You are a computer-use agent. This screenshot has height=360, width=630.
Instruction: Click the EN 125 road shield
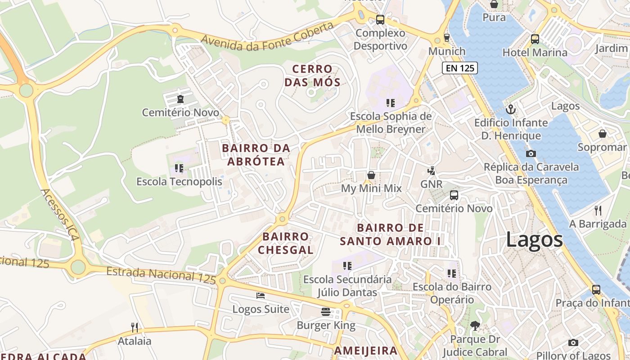coord(459,68)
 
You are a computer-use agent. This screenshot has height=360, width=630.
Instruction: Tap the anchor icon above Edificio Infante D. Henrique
coord(511,109)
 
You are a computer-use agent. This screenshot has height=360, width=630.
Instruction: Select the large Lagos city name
coord(534,239)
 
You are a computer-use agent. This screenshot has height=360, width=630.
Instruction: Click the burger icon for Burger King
coord(326,311)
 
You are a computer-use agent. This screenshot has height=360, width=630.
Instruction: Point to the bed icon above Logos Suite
coord(261,296)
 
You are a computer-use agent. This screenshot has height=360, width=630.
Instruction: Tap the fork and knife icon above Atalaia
coord(134,327)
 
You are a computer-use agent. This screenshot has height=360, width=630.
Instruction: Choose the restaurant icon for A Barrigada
coord(598,210)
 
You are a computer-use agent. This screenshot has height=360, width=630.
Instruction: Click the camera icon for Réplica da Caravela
coord(531,153)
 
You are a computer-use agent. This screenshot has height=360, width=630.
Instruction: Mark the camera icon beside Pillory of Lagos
coord(573,342)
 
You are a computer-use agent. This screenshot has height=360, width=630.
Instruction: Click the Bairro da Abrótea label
coord(256,154)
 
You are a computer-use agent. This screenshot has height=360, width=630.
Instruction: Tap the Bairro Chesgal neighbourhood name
coord(286,243)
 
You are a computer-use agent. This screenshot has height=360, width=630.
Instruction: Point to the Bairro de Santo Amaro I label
coord(390,234)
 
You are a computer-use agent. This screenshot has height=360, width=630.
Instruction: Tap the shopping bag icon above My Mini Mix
coord(371,175)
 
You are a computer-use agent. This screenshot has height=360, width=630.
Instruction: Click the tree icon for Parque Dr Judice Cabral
coord(474,326)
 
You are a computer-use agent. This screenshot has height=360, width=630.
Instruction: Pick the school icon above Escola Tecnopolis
coord(179,168)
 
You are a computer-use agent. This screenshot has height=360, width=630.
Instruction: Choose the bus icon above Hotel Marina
coord(535,39)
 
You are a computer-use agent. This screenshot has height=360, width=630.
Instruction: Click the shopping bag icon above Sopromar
coord(602,134)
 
